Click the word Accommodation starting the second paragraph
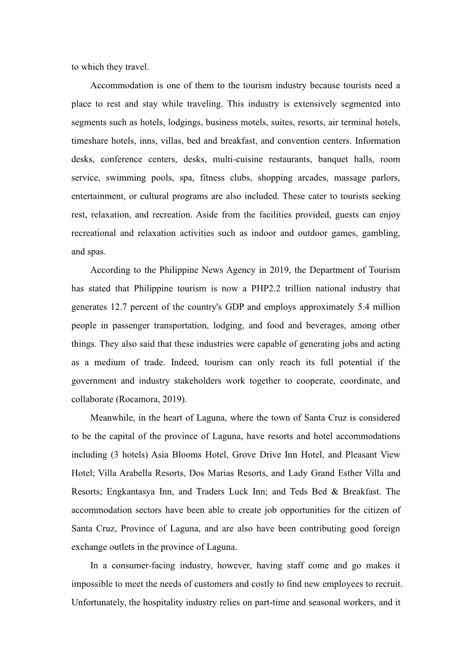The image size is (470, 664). click(x=122, y=85)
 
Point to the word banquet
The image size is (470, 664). click(x=333, y=159)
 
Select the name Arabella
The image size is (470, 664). click(x=146, y=473)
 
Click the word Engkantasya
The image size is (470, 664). click(x=129, y=492)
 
